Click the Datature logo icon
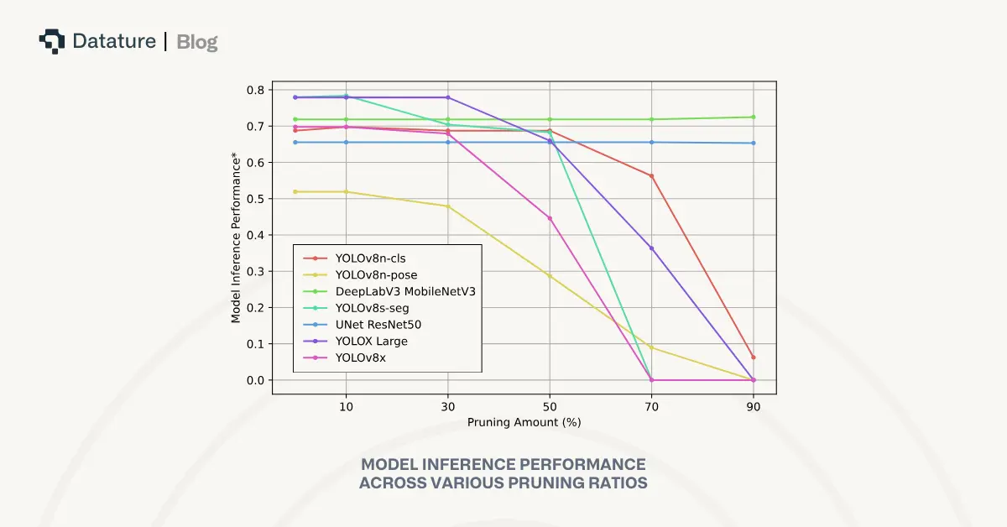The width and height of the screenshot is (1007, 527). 52,41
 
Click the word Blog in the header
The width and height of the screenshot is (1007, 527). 197,41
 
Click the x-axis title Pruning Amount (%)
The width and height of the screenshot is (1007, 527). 524,422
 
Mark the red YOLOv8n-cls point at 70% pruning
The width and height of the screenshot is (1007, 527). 651,176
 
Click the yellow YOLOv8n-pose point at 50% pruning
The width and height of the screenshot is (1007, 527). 550,275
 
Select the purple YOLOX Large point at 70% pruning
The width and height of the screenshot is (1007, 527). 651,248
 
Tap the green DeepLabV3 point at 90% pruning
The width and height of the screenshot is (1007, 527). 753,117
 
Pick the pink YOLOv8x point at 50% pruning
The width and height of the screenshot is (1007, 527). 550,218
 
